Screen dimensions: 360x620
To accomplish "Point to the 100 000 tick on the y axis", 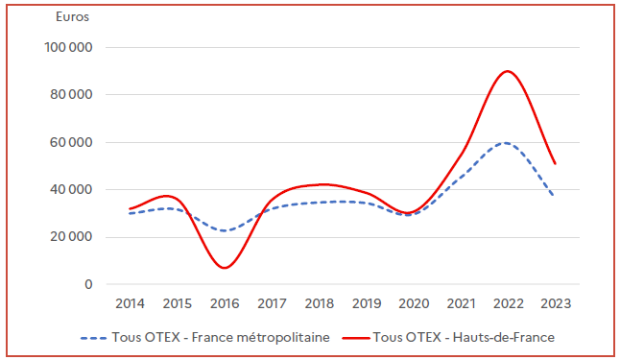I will pyautogui.click(x=67, y=47).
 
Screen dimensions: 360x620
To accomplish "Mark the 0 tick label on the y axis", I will pyautogui.click(x=88, y=284).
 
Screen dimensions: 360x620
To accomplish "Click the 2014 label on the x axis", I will pyautogui.click(x=130, y=304).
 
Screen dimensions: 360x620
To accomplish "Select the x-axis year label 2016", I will pyautogui.click(x=225, y=304).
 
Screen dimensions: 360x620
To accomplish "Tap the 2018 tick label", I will pyautogui.click(x=319, y=304).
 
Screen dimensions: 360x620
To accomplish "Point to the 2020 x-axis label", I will pyautogui.click(x=414, y=304).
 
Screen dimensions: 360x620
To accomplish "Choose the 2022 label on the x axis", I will pyautogui.click(x=509, y=304).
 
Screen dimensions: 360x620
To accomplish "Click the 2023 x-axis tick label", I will pyautogui.click(x=556, y=304).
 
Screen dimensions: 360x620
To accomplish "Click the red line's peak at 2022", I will pyautogui.click(x=508, y=71).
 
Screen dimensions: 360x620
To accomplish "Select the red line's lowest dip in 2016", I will pyautogui.click(x=225, y=268).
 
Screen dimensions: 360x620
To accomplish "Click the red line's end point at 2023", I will pyautogui.click(x=556, y=163).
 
